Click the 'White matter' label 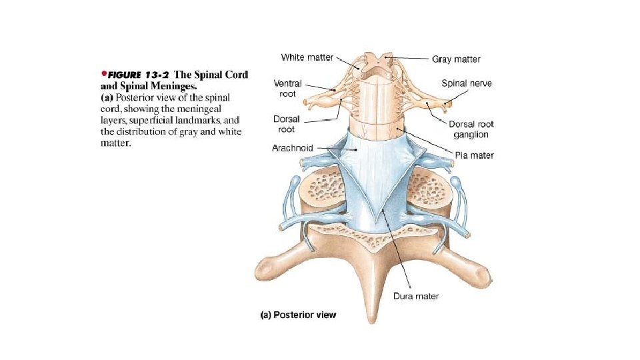click(307, 57)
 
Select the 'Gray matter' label click(457, 59)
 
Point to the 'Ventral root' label click(288, 89)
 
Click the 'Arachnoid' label click(293, 147)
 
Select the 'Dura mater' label click(416, 295)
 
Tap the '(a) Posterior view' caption click(298, 315)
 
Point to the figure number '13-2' click(160, 75)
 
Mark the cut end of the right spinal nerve click(448, 103)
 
